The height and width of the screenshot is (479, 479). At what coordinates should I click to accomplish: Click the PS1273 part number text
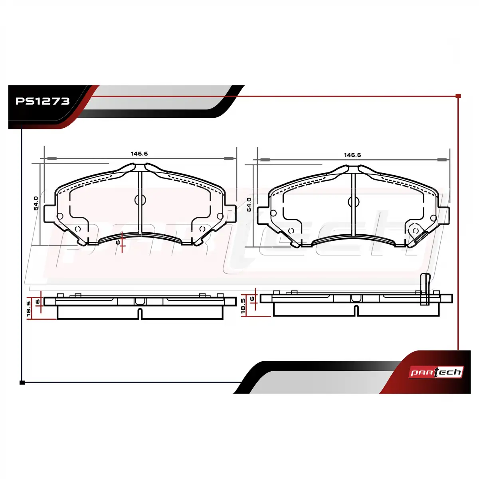click(x=42, y=101)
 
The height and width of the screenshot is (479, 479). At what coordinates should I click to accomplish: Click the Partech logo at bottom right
click(x=436, y=372)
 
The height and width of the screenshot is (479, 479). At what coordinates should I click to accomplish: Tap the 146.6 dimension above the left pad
click(x=139, y=154)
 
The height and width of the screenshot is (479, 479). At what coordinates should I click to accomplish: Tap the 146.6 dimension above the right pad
click(x=352, y=155)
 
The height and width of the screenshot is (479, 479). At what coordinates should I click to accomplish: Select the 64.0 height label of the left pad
click(x=36, y=203)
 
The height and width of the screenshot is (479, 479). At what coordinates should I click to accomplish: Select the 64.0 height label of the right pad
click(x=249, y=204)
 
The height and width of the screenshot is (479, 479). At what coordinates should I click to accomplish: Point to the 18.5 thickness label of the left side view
click(x=29, y=309)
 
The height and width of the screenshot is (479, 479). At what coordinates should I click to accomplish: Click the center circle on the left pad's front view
click(x=140, y=200)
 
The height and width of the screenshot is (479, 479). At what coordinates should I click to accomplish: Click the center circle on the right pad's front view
click(x=354, y=202)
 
